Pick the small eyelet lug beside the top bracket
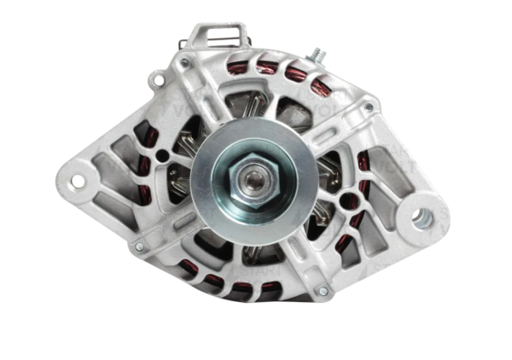point(155,80)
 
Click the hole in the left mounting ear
point(78,181)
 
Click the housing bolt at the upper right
point(369,107)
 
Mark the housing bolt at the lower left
point(139,247)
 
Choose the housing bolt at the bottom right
point(323,292)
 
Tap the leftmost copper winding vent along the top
point(237,67)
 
